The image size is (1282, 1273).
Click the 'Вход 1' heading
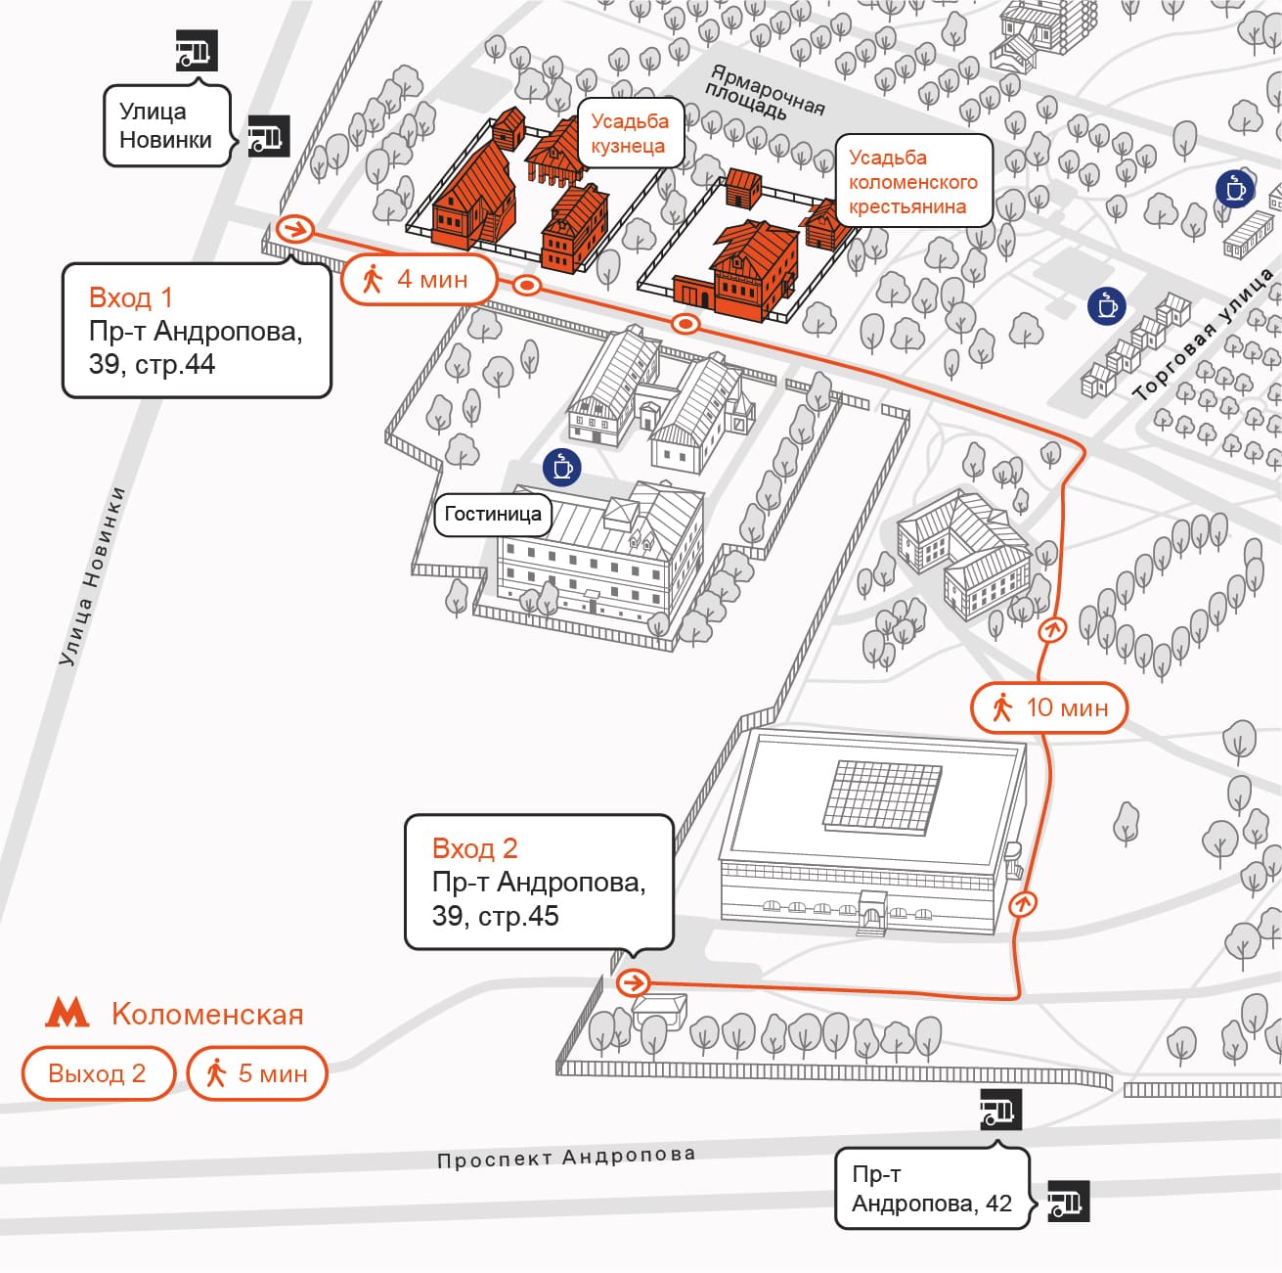[130, 296]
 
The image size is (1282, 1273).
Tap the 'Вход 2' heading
[474, 848]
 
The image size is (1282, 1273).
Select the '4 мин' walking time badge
[420, 280]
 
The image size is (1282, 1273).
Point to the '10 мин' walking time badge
[1049, 707]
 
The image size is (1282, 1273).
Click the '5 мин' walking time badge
[257, 1073]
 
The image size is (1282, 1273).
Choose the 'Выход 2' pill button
[98, 1073]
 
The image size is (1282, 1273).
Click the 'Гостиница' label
[493, 514]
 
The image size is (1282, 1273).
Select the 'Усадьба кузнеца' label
[630, 133]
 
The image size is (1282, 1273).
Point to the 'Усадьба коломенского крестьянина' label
[912, 182]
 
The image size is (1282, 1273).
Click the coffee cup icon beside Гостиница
[562, 467]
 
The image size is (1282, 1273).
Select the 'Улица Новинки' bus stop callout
[166, 126]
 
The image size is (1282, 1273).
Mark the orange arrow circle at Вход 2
[633, 982]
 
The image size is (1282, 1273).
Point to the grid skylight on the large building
[883, 797]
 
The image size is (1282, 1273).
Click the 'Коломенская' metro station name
[207, 1014]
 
